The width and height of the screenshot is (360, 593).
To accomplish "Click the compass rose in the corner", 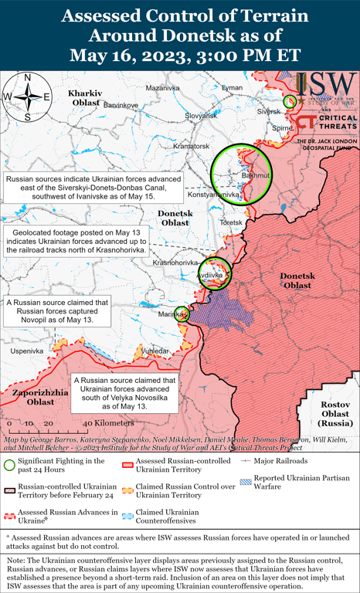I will coord(27,96).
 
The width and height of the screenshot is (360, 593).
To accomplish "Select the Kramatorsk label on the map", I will coord(192,146).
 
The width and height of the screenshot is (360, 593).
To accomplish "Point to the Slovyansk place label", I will coord(202,116).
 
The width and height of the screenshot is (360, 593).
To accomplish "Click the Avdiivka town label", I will coord(214,275).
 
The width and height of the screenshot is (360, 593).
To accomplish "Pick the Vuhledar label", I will coord(155,351).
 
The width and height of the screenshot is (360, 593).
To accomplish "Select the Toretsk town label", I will coord(231,222).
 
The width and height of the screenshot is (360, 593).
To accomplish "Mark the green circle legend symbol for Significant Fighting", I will coord(8,466).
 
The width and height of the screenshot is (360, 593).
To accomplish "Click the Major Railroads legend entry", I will coord(295,460).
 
